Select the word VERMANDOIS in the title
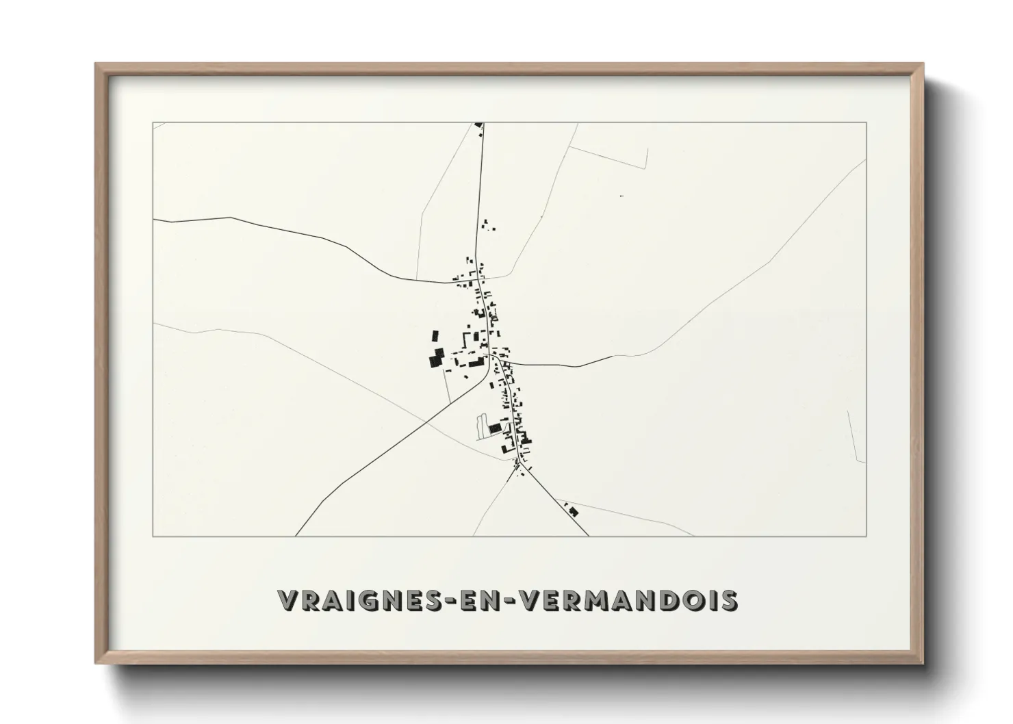coord(629,600)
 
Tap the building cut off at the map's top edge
coord(479,125)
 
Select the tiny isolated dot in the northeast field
coord(621,196)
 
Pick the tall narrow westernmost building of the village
coord(433,337)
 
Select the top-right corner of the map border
coord(867,122)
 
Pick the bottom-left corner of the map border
coord(153,536)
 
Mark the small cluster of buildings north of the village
coord(487,224)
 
